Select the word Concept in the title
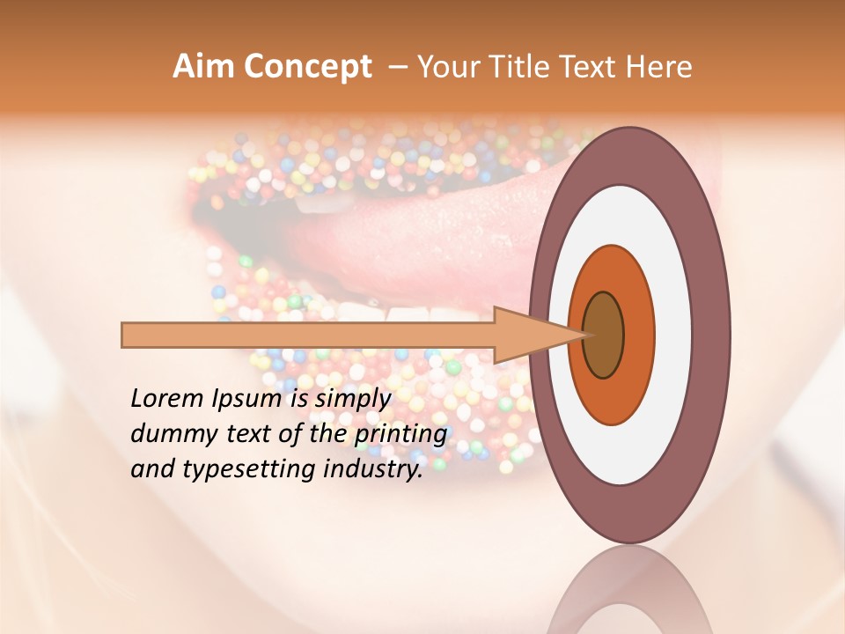(x=308, y=67)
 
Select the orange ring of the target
(x=638, y=335)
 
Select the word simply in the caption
(x=353, y=400)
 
